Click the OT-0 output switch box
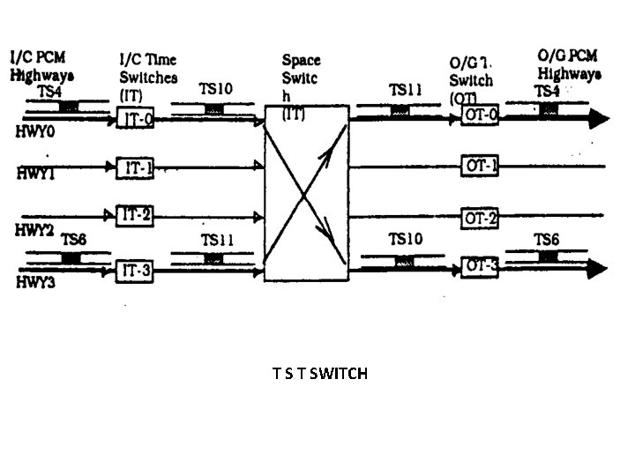point(482,115)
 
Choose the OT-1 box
point(482,165)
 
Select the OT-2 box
point(482,217)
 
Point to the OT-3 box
point(482,265)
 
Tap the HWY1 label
point(35,174)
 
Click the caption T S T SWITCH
point(320,373)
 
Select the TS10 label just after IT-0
point(215,89)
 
